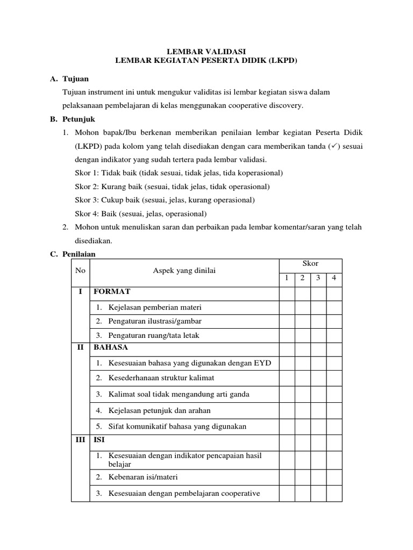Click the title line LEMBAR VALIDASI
[x=206, y=52]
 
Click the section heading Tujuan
[x=75, y=79]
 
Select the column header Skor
[x=310, y=263]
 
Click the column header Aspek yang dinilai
[x=184, y=271]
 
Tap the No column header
[x=81, y=271]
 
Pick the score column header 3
[x=318, y=278]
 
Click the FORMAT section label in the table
[x=112, y=292]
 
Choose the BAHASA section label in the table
[x=111, y=348]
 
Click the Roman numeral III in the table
[x=81, y=439]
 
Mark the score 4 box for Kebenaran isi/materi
[x=334, y=477]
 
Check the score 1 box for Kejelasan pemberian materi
[x=287, y=307]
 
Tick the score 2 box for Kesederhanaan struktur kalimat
[x=302, y=378]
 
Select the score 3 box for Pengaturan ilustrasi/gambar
[x=318, y=321]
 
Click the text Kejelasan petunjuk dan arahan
[x=159, y=410]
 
